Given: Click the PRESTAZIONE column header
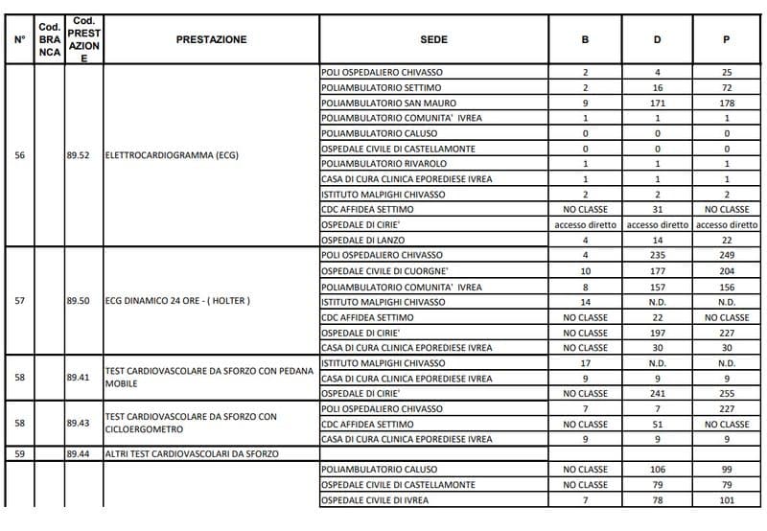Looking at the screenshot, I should click(211, 39).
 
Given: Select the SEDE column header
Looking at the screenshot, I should click(433, 39).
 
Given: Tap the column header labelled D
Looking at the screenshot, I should click(657, 39).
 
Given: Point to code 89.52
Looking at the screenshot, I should click(78, 156).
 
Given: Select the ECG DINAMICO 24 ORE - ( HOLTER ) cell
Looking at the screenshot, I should click(177, 301).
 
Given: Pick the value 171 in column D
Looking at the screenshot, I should click(657, 103).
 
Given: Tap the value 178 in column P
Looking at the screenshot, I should click(727, 103).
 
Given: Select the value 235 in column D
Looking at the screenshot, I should click(657, 255).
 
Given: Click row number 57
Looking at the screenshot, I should click(20, 301).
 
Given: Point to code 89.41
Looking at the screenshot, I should click(78, 378).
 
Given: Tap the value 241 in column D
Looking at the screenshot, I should click(657, 393).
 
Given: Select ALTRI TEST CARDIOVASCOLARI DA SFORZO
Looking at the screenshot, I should click(192, 454).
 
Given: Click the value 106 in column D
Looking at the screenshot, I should click(657, 470).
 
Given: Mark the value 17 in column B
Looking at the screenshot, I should click(585, 363).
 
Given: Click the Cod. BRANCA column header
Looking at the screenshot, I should click(50, 39).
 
